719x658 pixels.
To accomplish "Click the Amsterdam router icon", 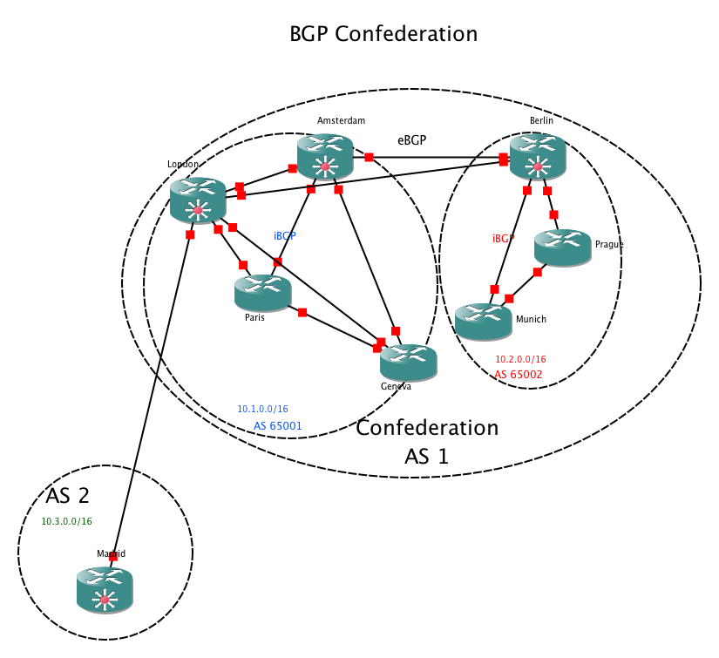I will tap(324, 158).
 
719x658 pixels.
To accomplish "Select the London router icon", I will tap(198, 200).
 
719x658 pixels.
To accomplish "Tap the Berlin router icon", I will tap(538, 158).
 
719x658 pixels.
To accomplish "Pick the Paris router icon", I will tap(262, 292).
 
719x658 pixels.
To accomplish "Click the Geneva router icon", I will tap(408, 362).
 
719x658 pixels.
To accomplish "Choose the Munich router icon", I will tap(483, 321).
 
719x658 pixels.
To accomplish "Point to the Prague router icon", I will tap(562, 248).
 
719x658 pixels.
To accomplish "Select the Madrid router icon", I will tap(105, 588).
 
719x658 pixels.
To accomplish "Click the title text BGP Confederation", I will tap(383, 34).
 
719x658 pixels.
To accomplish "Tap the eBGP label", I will tap(411, 139).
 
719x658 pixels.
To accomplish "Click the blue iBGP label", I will tap(284, 236).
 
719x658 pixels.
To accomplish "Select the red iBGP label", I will tap(504, 238).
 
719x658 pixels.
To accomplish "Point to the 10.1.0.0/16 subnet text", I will tap(262, 408).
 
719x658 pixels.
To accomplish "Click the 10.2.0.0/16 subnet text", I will tap(520, 359).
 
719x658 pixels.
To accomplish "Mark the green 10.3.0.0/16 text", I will tap(66, 521).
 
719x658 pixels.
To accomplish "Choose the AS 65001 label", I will tap(277, 425).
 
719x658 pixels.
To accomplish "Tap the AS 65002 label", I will tap(519, 374).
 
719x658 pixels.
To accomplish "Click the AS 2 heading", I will tap(68, 496).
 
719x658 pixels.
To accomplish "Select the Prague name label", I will tap(609, 245).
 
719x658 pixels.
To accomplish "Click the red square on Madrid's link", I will tap(113, 555).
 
